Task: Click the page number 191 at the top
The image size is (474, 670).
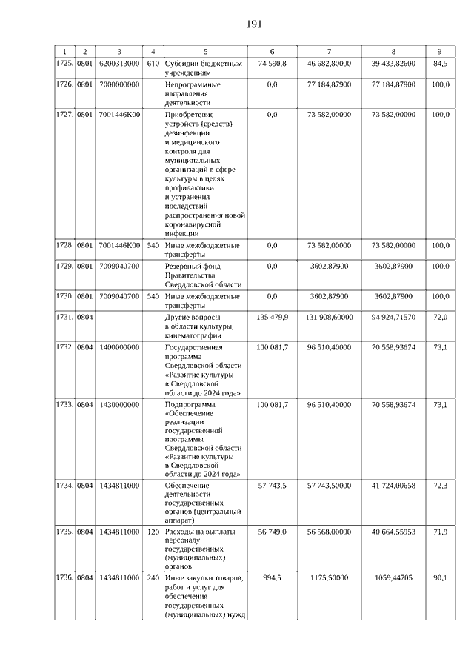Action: tap(254, 24)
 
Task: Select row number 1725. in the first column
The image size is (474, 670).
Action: tap(65, 64)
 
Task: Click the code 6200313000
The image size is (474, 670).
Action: tap(118, 64)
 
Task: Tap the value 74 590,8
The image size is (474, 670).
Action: tap(272, 64)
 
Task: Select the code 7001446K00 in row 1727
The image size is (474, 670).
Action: tap(118, 115)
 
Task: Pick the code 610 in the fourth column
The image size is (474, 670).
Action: tap(153, 64)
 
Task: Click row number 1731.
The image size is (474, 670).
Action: tap(65, 317)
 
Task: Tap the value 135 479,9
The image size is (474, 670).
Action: tap(272, 317)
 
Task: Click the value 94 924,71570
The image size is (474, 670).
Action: tap(393, 317)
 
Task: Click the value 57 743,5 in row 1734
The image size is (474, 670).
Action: tap(272, 484)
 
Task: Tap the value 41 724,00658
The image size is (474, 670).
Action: tap(393, 484)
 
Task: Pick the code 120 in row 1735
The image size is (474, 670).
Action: tap(153, 532)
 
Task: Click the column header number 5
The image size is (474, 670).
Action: tap(205, 52)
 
